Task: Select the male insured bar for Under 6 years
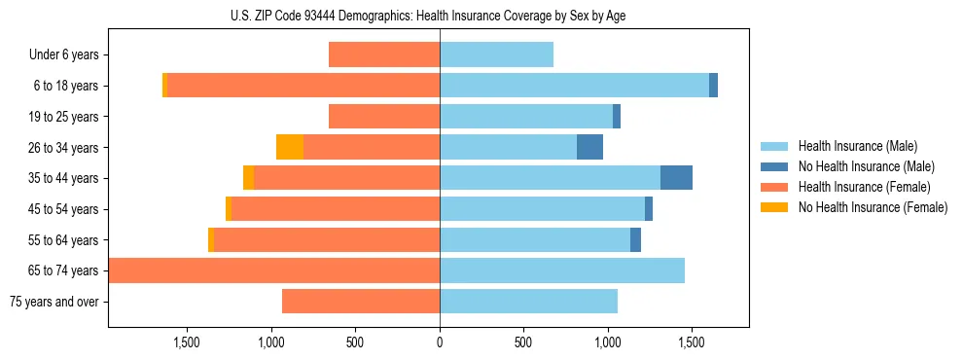click(x=496, y=54)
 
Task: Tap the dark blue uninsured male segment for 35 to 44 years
click(x=676, y=178)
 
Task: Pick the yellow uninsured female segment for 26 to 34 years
click(x=290, y=147)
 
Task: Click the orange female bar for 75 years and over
click(x=361, y=302)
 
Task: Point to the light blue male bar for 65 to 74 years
click(x=562, y=270)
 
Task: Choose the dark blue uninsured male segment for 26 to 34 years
click(x=589, y=147)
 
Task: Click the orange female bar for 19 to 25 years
click(x=384, y=117)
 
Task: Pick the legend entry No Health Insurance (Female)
click(x=873, y=207)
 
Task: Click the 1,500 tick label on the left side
click(x=187, y=342)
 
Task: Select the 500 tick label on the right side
click(x=523, y=342)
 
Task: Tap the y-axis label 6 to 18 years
click(x=65, y=86)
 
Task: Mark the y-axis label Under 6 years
click(x=64, y=54)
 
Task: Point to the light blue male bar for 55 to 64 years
click(x=535, y=239)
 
